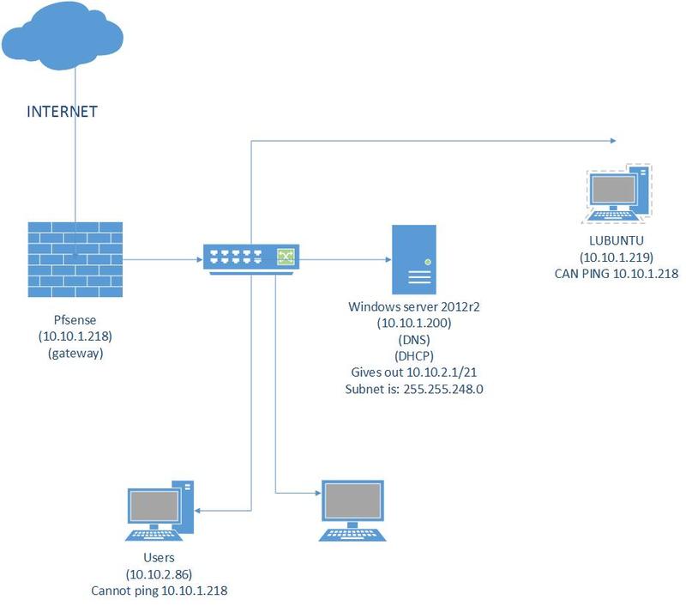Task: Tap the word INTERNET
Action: [63, 112]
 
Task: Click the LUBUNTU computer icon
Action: [617, 194]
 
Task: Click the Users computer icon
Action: [159, 512]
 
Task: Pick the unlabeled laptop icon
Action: [352, 511]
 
